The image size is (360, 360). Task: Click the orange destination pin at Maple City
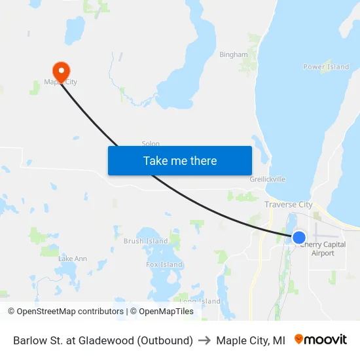tap(61, 71)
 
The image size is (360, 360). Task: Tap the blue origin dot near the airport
tap(298, 237)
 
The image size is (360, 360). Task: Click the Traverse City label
tap(288, 204)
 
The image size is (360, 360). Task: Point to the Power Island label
tap(326, 67)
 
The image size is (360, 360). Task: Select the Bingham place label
tap(234, 55)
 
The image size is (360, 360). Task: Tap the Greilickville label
tap(267, 179)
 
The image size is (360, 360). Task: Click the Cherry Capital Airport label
tap(323, 249)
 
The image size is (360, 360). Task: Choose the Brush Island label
tap(145, 241)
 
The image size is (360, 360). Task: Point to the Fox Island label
tap(164, 264)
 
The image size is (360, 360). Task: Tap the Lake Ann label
tap(73, 259)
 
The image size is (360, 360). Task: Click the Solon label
tap(151, 144)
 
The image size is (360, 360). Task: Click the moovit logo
tap(321, 340)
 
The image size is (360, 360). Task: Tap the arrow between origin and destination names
tap(204, 340)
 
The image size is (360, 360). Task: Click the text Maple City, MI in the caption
tap(251, 340)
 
